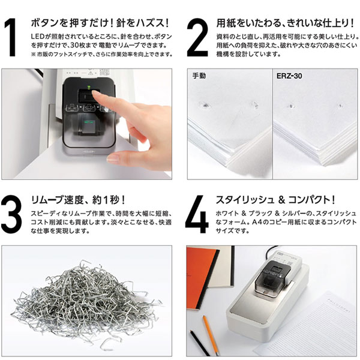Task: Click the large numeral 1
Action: (11, 37)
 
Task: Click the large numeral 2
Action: (197, 37)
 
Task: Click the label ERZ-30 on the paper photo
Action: (289, 76)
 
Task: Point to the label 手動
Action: (199, 76)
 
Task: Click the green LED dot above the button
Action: (88, 87)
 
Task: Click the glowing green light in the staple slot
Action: (89, 122)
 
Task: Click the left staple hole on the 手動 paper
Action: (205, 106)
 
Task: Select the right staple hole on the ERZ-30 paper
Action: (340, 106)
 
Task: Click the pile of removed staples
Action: (86, 298)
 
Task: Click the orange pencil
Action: (211, 335)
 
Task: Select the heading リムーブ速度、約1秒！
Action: (78, 200)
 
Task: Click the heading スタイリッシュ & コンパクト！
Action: (275, 200)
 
